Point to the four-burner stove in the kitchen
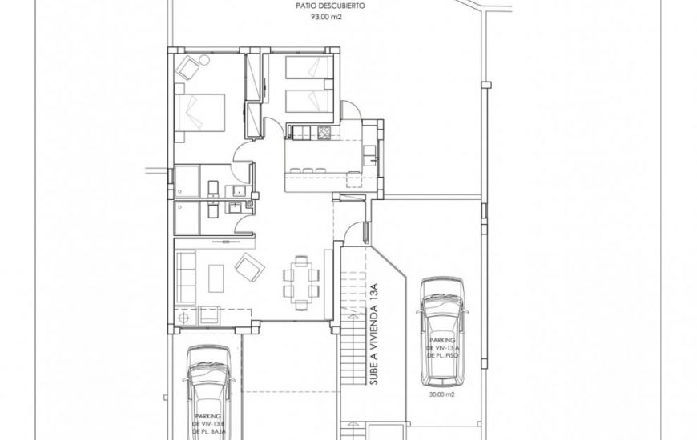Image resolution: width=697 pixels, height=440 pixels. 324,133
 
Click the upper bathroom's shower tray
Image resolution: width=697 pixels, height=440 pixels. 189,181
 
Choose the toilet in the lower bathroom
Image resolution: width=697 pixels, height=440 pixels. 212,211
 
